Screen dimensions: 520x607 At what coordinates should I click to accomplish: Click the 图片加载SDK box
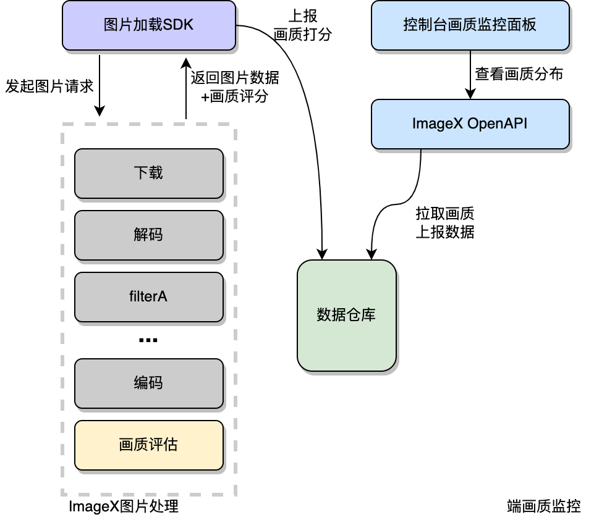pos(148,25)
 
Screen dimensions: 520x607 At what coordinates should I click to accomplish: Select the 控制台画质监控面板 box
pos(470,25)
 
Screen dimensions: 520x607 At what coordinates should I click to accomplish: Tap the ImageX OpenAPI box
pos(470,124)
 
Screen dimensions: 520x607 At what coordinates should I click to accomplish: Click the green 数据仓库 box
pos(346,316)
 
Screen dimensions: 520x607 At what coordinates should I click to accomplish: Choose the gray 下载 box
pos(148,174)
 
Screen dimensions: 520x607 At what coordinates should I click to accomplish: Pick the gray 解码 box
pos(148,235)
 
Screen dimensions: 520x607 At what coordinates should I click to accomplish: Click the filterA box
pos(148,297)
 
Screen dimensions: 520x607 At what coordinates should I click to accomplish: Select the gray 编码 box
pos(148,384)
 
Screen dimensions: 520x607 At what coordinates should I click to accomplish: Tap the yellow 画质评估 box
pos(148,445)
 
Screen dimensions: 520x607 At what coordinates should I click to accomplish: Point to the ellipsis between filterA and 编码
pos(148,340)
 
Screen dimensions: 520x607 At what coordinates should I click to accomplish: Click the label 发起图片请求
pos(49,86)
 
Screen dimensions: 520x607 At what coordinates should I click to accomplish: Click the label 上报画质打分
pos(302,25)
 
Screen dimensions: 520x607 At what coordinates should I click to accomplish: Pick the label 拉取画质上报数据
pos(445,223)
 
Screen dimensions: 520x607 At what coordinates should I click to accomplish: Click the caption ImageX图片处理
pos(124,507)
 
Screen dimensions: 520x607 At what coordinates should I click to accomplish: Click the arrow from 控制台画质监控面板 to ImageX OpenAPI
pos(470,75)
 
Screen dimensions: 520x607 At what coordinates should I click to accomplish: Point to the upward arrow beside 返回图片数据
pos(185,87)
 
